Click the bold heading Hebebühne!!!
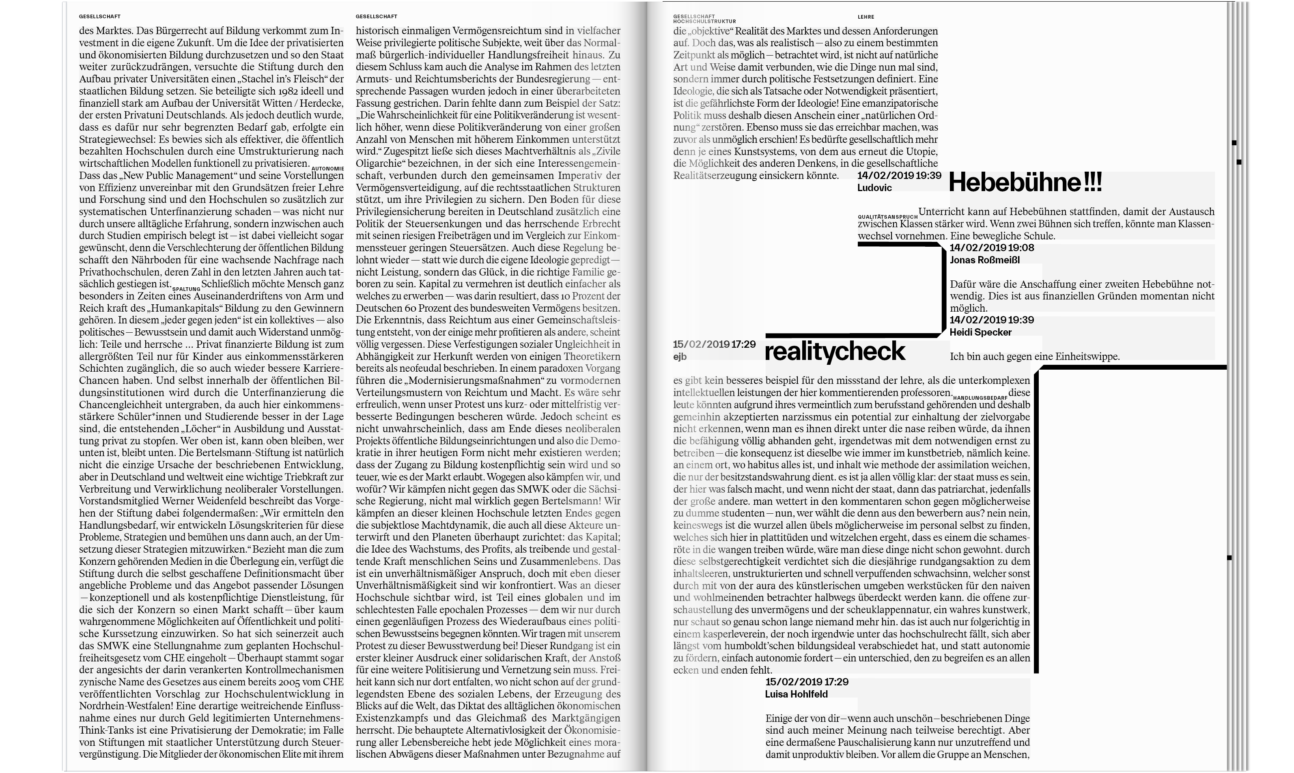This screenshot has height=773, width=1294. point(1025,183)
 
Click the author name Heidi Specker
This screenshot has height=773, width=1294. point(980,332)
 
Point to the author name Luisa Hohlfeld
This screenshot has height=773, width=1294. point(796,694)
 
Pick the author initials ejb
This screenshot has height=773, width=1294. point(680,357)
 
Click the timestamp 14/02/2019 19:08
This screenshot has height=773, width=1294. point(992,248)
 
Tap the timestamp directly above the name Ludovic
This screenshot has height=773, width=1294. point(899,176)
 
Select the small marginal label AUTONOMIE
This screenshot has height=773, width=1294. point(327,169)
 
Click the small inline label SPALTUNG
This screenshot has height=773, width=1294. point(186,289)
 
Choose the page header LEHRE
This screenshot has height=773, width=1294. point(866,17)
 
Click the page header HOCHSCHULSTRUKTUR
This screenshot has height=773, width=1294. point(704,22)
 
